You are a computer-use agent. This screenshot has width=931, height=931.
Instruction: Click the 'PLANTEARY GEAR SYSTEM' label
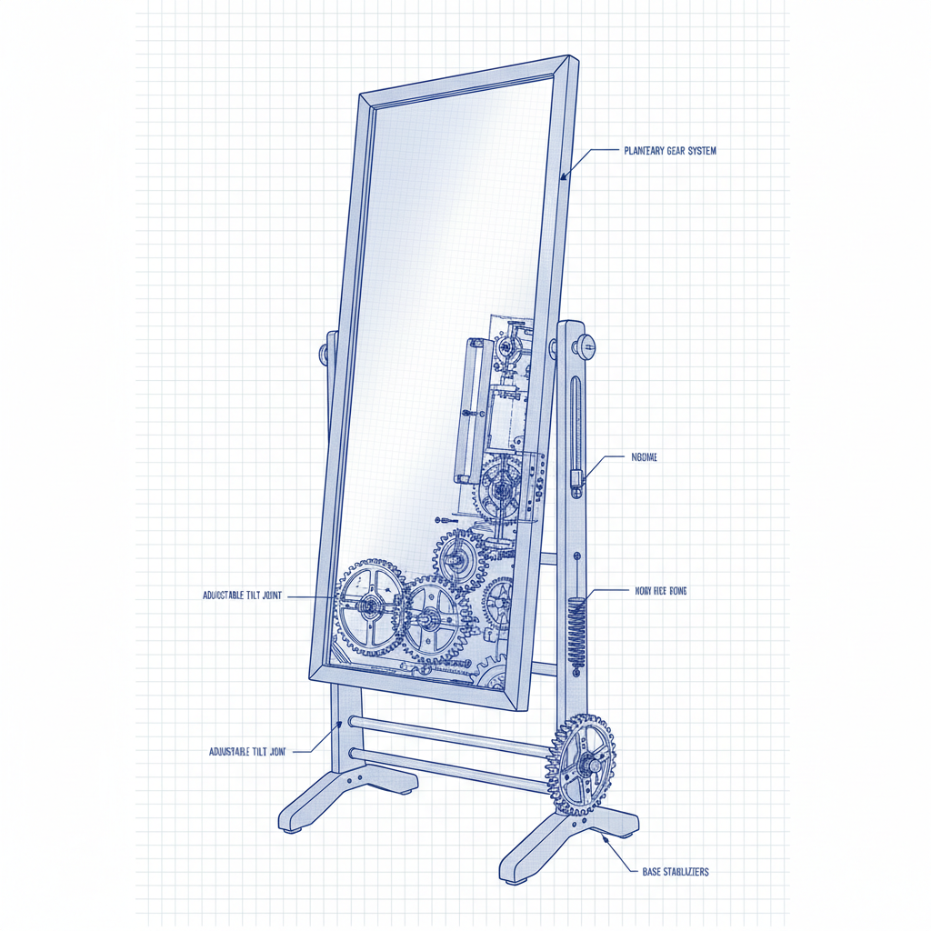(x=670, y=151)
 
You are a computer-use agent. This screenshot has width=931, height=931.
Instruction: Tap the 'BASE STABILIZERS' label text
(x=669, y=871)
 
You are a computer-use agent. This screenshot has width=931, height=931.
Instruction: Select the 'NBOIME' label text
(x=644, y=457)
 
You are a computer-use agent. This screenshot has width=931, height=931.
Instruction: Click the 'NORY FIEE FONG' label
(x=661, y=591)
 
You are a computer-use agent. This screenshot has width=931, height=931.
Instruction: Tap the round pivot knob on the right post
(x=586, y=345)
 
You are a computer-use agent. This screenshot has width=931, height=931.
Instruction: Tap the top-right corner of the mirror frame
(x=573, y=62)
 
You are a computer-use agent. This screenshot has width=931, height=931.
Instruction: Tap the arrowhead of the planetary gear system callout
(x=563, y=177)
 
